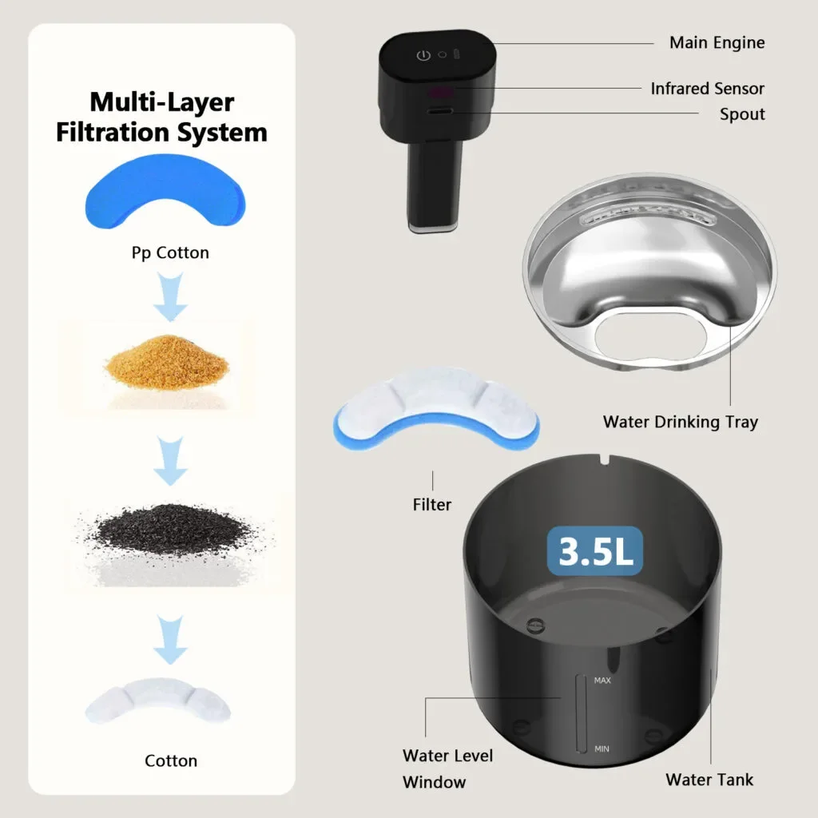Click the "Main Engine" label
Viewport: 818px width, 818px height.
[x=717, y=43]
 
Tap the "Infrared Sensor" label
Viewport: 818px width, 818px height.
[x=707, y=89]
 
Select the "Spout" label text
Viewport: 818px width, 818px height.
[x=742, y=114]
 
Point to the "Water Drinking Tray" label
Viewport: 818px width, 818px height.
[x=681, y=422]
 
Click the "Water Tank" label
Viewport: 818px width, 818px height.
[x=709, y=780]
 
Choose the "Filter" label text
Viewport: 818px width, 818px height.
[x=432, y=505]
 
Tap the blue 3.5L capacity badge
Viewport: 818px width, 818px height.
[x=594, y=551]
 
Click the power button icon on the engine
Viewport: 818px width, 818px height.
[x=423, y=55]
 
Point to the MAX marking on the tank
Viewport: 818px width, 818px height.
[x=602, y=681]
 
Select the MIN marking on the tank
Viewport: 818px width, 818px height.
[x=602, y=749]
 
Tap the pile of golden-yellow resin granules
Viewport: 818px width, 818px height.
[x=167, y=362]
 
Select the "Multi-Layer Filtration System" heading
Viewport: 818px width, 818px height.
[x=161, y=117]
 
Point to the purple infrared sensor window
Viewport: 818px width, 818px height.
[x=440, y=93]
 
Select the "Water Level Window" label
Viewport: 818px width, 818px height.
[x=447, y=768]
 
